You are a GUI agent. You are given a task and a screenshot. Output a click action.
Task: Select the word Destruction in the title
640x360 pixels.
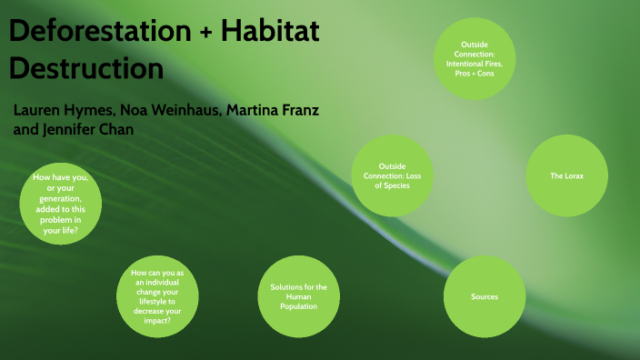click(x=86, y=68)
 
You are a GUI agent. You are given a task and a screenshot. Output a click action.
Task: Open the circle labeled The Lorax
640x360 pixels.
click(x=566, y=175)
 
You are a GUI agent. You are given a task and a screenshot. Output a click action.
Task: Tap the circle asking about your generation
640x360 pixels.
click(x=61, y=204)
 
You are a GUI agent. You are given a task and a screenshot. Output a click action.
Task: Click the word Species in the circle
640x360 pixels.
click(x=395, y=185)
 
